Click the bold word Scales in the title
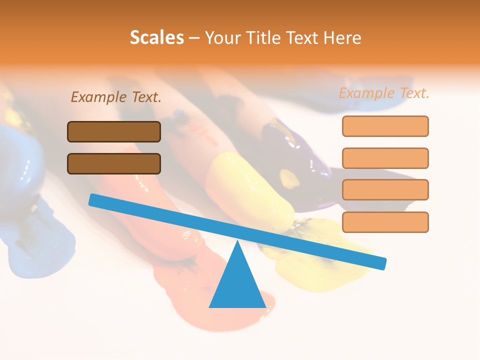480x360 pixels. (x=156, y=37)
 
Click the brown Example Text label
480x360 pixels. (x=116, y=97)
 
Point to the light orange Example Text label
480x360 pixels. (x=384, y=93)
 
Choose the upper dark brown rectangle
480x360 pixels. (x=114, y=131)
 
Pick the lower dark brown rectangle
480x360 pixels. (x=114, y=163)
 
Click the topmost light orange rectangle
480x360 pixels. (x=385, y=126)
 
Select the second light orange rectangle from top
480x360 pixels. (x=385, y=158)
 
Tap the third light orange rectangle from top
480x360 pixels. (x=385, y=189)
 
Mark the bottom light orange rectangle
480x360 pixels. (x=385, y=222)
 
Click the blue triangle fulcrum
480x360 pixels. (x=237, y=285)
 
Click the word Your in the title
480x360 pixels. (x=222, y=37)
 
